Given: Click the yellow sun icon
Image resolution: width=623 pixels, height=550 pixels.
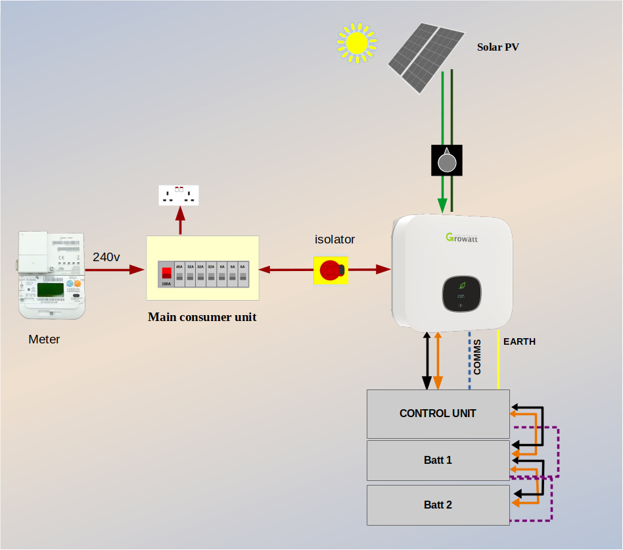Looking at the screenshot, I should point(357,43).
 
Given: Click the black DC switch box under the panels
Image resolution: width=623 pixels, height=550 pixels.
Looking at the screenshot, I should point(447,161).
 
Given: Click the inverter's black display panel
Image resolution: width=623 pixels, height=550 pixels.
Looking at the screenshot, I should point(461,293).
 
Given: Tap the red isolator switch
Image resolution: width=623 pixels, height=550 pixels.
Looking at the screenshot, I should point(331,270).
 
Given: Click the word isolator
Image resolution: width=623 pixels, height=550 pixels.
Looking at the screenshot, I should point(335,239).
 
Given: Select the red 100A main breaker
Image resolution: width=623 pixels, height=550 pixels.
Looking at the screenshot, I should point(166,274).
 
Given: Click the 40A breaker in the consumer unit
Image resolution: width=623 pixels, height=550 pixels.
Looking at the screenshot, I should point(179,274).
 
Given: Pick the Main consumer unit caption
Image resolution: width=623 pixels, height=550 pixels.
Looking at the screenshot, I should point(202,317).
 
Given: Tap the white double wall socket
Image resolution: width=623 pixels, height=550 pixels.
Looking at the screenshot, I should point(179,195).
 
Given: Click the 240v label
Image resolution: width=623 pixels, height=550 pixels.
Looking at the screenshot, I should point(106,257).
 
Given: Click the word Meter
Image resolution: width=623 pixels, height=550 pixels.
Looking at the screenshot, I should point(44,340).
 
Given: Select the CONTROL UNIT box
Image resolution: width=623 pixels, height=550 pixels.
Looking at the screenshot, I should point(438,414).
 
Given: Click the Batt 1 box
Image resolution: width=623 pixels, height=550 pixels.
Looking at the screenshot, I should point(438,461).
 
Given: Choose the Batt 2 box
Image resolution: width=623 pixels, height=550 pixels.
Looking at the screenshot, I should point(438,505).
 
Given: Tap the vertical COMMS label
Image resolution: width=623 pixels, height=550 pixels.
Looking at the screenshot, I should point(477,357).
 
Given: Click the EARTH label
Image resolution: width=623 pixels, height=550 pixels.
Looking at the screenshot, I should point(519,341).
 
